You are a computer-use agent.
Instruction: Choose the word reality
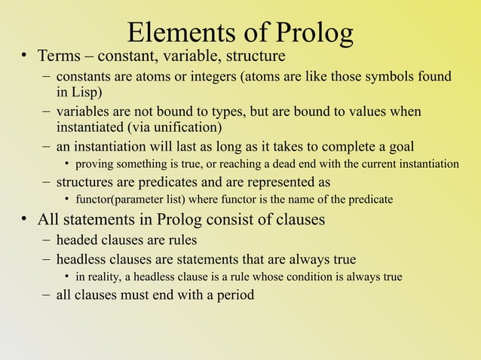coord(109,276)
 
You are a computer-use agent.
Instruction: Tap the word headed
coord(78,240)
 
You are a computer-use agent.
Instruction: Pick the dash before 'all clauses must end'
coord(47,294)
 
